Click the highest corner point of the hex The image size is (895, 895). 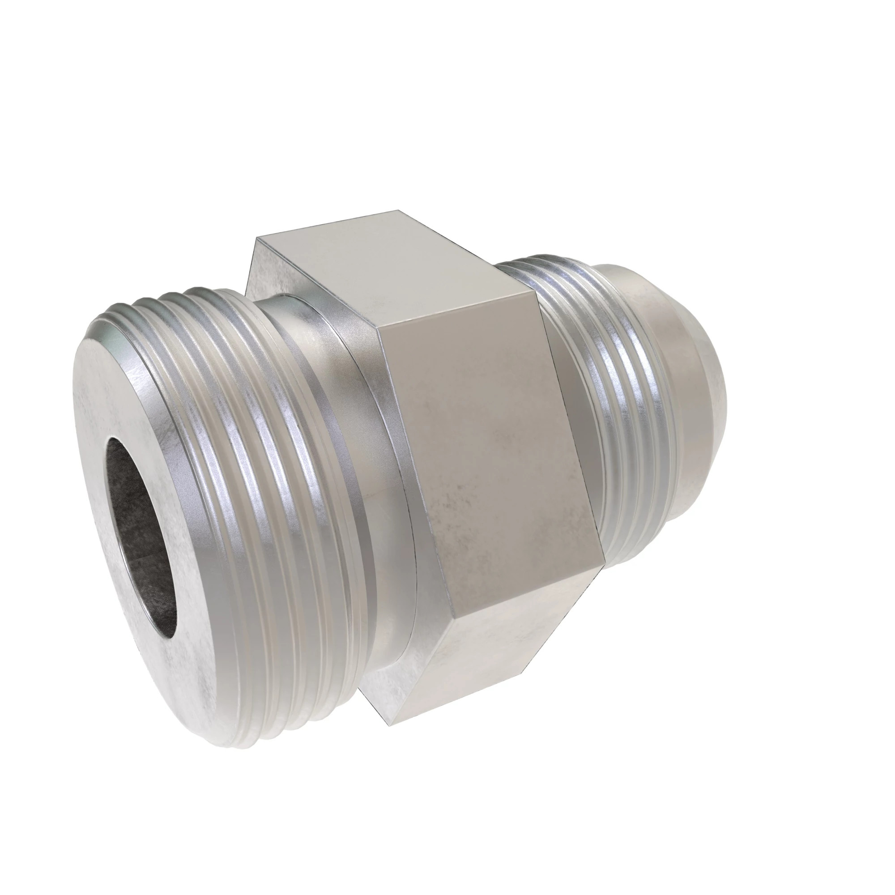tap(399, 211)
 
